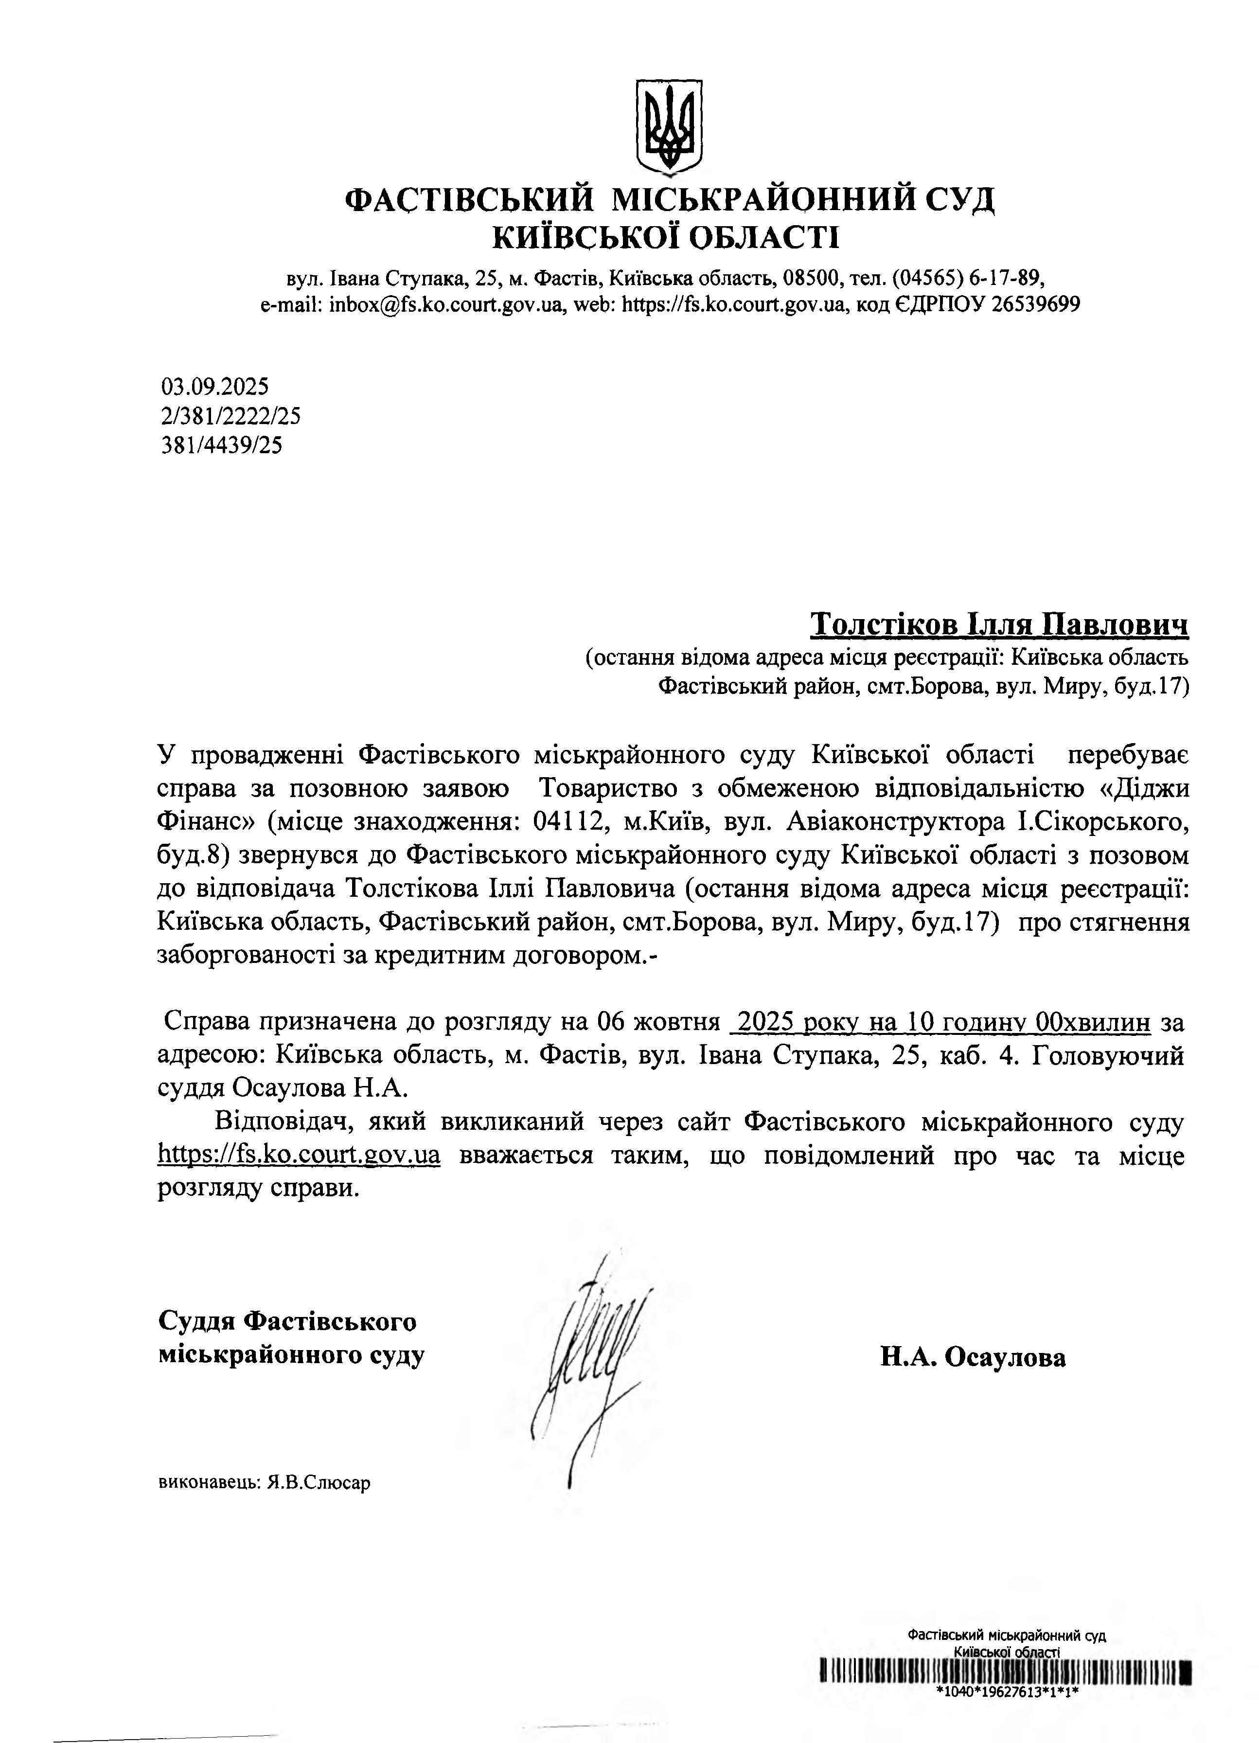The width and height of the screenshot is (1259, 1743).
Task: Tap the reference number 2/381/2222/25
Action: (230, 416)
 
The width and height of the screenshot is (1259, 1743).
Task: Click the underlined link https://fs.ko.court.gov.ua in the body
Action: (299, 1155)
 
